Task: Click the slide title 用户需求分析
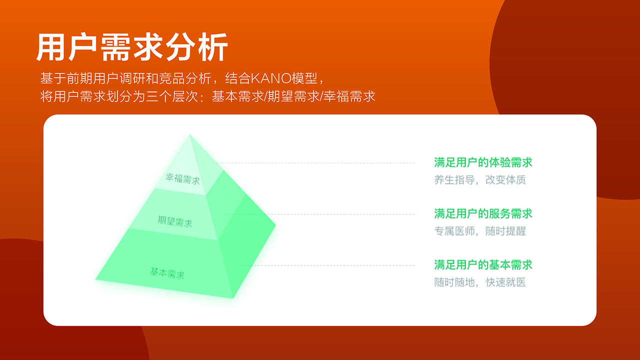pyautogui.click(x=132, y=47)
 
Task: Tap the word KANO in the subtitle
pyautogui.click(x=271, y=78)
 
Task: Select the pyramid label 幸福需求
pyautogui.click(x=182, y=179)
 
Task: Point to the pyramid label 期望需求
pyautogui.click(x=174, y=221)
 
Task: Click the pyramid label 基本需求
pyautogui.click(x=167, y=273)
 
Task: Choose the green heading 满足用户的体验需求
pyautogui.click(x=483, y=162)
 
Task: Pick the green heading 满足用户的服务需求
pyautogui.click(x=483, y=213)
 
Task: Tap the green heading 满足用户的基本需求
pyautogui.click(x=483, y=265)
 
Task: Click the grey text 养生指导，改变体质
pyautogui.click(x=480, y=180)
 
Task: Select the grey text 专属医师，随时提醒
pyautogui.click(x=480, y=231)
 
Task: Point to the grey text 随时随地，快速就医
pyautogui.click(x=480, y=282)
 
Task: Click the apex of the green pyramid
pyautogui.click(x=189, y=134)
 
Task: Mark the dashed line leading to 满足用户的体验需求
pyautogui.click(x=313, y=163)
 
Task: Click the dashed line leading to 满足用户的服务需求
pyautogui.click(x=320, y=214)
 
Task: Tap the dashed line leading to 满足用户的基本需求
pyautogui.click(x=328, y=265)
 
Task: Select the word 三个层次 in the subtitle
pyautogui.click(x=172, y=96)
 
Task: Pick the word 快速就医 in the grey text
pyautogui.click(x=505, y=282)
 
